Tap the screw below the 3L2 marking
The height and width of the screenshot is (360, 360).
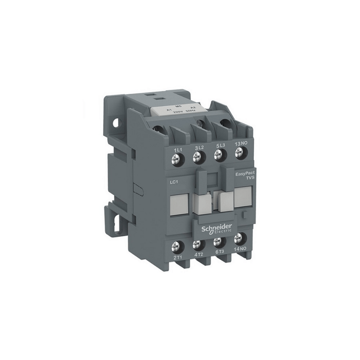197,157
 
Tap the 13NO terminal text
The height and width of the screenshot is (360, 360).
242,143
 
